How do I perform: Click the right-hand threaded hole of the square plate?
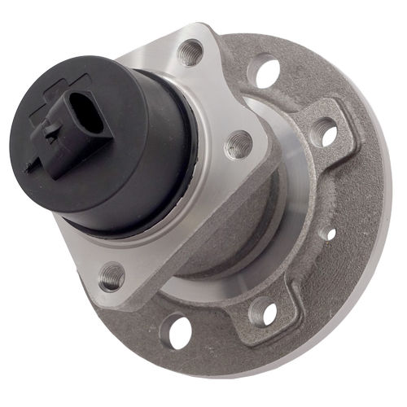coord(238,145)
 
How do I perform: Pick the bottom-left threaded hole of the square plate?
coord(112,278)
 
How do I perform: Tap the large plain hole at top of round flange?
coord(265,71)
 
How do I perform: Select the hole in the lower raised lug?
coord(262,311)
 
